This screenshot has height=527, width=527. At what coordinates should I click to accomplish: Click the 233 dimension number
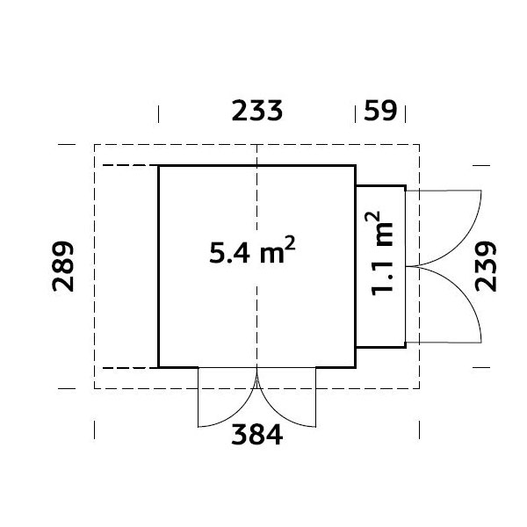(x=257, y=111)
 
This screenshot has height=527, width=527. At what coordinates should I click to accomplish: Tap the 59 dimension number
(x=380, y=111)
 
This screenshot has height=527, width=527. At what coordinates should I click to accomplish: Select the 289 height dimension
(x=63, y=266)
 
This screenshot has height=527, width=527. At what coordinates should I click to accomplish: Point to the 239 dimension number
(x=486, y=266)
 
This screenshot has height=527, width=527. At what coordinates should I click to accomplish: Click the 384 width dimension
(x=257, y=434)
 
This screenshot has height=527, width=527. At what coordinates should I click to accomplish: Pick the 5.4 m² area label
(x=252, y=250)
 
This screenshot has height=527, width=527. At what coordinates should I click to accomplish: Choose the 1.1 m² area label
(x=379, y=254)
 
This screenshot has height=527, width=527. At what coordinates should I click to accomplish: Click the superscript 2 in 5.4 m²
(x=291, y=242)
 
